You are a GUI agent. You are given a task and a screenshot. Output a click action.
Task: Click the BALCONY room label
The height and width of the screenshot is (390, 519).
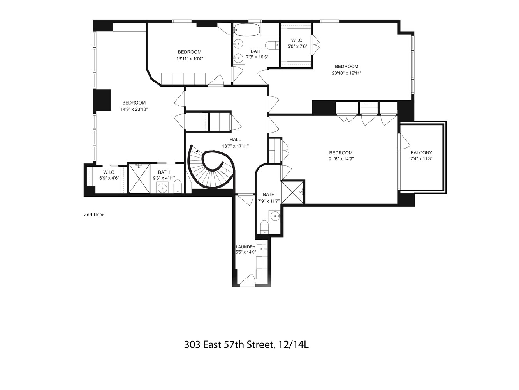[x=421, y=153]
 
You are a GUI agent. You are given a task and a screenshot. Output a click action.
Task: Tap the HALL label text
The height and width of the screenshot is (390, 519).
[x=235, y=140]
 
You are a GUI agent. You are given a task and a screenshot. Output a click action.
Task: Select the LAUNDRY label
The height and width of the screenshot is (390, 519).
[x=245, y=247]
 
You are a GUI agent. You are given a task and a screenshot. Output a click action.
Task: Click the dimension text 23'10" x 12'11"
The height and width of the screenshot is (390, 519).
[x=347, y=73]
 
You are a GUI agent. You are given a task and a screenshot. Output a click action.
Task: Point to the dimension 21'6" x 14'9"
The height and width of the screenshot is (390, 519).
[x=341, y=159]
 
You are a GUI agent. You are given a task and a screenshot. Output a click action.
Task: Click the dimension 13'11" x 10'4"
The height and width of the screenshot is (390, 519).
[x=190, y=59]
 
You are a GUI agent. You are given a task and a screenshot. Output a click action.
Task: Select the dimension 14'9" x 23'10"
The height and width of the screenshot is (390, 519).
[x=134, y=110]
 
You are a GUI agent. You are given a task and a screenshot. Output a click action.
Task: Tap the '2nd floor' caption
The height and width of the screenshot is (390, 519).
[x=94, y=214]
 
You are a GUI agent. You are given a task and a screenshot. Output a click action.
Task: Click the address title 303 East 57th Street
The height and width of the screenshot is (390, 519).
[x=246, y=345]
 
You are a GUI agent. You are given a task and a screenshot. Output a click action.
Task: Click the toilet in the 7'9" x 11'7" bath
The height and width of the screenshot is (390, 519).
[x=264, y=227]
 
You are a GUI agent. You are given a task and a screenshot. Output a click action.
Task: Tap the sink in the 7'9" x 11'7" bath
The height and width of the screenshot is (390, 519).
[x=274, y=215]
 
